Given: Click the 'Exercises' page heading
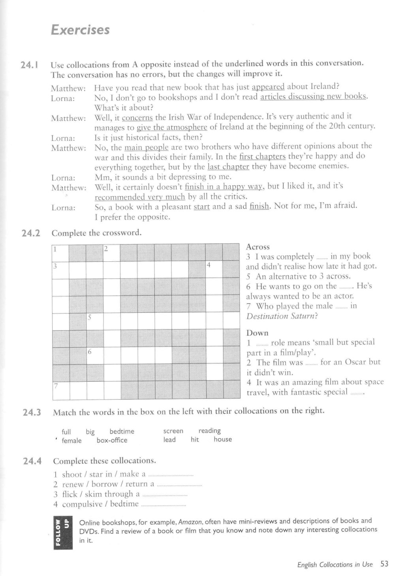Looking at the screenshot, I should pos(80,30).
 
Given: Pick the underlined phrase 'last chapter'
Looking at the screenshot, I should pos(228,167).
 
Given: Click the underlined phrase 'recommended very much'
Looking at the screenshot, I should pos(140,197).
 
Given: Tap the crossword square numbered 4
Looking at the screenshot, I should pos(214,270).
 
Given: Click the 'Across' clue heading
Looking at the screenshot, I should pos(258,247).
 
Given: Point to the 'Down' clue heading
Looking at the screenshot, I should pos(257,333).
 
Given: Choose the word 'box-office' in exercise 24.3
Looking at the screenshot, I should pos(112,440).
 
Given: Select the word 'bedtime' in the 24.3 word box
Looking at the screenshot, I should pos(122,431).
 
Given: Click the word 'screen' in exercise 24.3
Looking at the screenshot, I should pos(173,431).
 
